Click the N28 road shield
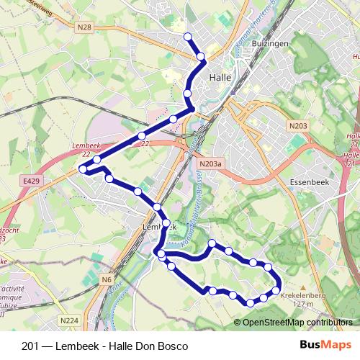pos(84,28)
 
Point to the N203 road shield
pos(298,127)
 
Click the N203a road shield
pos(210,164)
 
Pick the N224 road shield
pos(69,320)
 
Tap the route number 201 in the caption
pos(31,346)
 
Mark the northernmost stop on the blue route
pos(188,37)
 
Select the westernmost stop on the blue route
pos(83,168)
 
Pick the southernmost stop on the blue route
pos(250,303)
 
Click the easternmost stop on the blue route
pos(276,290)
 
